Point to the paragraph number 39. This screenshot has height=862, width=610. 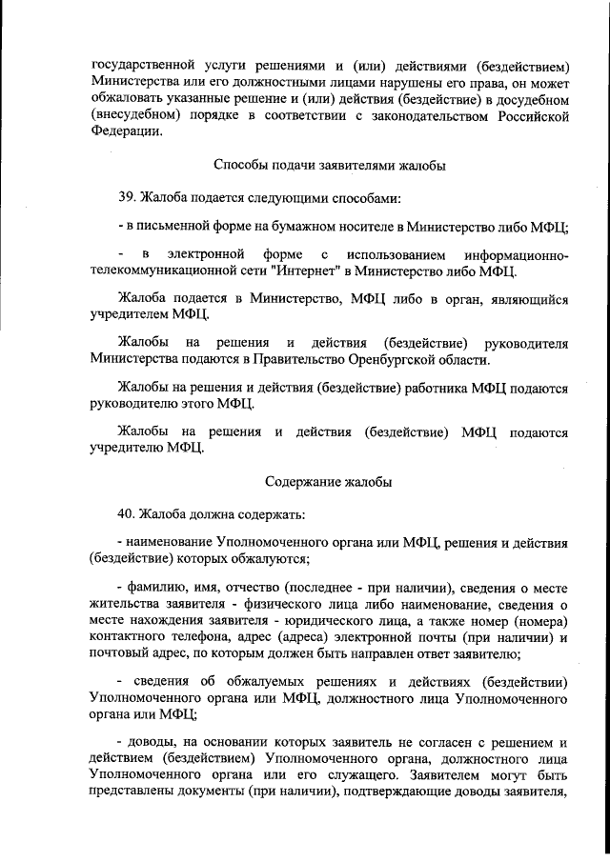point(126,199)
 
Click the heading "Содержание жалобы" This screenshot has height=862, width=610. point(329,482)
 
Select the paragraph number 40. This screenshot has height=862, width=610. point(126,515)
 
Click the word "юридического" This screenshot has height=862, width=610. point(339,620)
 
